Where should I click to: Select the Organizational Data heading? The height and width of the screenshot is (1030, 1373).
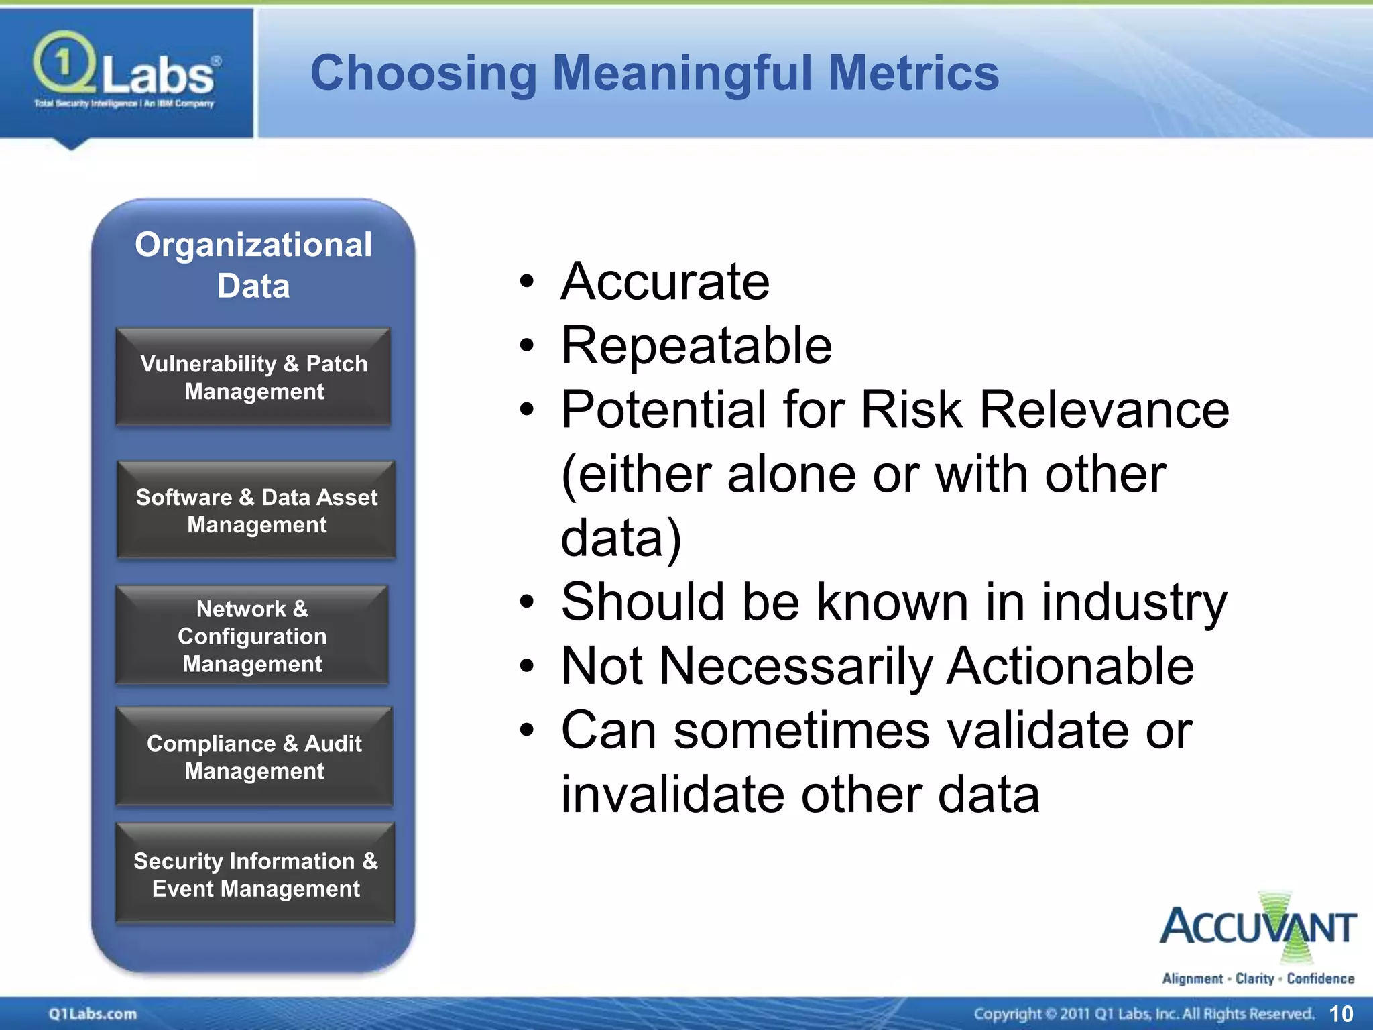[x=253, y=265]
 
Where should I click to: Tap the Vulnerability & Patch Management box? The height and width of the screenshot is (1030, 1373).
[x=253, y=377]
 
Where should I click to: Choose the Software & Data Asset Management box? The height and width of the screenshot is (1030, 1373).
[x=256, y=510]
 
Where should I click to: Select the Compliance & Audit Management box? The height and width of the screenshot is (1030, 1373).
[x=254, y=756]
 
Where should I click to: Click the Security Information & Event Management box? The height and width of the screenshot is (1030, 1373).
[x=255, y=874]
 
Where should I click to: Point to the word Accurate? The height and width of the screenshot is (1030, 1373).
[x=665, y=282]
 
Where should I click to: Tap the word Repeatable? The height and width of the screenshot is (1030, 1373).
[x=696, y=346]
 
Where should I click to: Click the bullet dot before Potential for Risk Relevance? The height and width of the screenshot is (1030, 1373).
[x=528, y=410]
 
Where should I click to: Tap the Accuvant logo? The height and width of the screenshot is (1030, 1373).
[x=1258, y=929]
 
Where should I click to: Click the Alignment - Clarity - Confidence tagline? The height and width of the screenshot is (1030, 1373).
[x=1258, y=979]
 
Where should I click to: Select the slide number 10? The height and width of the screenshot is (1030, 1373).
[x=1341, y=1014]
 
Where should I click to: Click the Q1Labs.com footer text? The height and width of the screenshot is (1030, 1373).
[x=93, y=1014]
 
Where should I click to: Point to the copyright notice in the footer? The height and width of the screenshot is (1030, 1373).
[x=1143, y=1014]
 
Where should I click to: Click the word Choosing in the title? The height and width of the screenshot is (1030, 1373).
[x=423, y=73]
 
